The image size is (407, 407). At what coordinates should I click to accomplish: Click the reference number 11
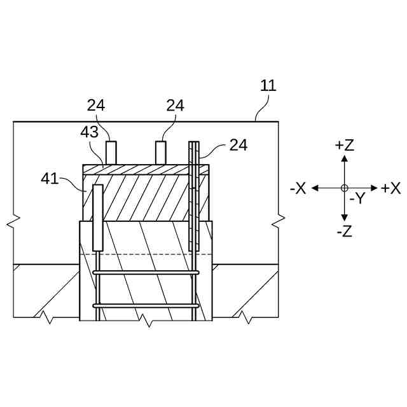pyautogui.click(x=268, y=86)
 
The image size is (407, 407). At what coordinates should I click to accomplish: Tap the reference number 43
pyautogui.click(x=90, y=133)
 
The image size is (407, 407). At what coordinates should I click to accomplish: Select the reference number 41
pyautogui.click(x=50, y=179)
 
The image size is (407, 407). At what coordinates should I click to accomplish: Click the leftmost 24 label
pyautogui.click(x=96, y=106)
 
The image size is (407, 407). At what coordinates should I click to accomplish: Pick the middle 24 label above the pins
pyautogui.click(x=175, y=106)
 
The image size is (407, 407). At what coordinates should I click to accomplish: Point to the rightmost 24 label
pyautogui.click(x=238, y=145)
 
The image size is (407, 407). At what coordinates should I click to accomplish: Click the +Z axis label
pyautogui.click(x=344, y=145)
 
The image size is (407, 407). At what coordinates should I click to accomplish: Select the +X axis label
pyautogui.click(x=390, y=188)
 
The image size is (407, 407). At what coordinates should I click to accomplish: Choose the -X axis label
pyautogui.click(x=298, y=188)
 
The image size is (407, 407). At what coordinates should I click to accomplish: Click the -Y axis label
pyautogui.click(x=357, y=198)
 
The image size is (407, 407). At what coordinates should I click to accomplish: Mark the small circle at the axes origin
pyautogui.click(x=344, y=188)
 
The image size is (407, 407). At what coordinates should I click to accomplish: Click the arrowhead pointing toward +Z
pyautogui.click(x=344, y=158)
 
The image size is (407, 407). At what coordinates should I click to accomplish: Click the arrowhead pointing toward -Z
pyautogui.click(x=344, y=218)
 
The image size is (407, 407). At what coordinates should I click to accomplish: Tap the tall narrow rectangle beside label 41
pyautogui.click(x=98, y=217)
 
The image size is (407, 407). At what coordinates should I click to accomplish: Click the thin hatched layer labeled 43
pyautogui.click(x=146, y=170)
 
